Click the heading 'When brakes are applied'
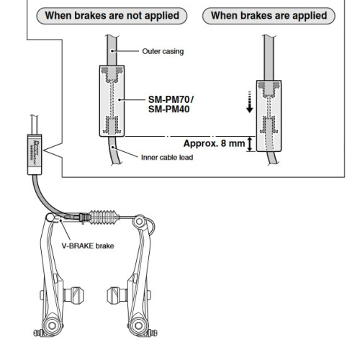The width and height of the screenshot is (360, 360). (268, 15)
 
